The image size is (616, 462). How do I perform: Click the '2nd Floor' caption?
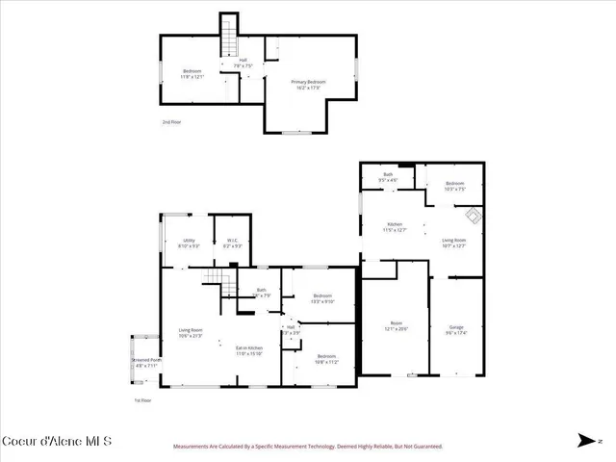click(171, 122)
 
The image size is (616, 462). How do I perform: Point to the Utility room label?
click(190, 243)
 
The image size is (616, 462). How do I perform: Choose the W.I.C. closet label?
click(232, 243)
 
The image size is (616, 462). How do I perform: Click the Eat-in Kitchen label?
click(249, 350)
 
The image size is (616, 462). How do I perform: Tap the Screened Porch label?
click(147, 363)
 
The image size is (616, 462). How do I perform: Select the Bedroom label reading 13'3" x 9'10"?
click(321, 298)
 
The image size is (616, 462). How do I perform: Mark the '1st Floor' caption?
click(143, 399)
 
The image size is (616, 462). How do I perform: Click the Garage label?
click(457, 329)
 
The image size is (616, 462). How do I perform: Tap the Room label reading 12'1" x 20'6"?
click(396, 325)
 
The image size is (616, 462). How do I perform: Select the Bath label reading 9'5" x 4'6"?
click(388, 177)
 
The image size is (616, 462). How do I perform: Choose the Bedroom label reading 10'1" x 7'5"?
click(454, 187)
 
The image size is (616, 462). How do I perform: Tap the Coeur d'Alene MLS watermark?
click(57, 442)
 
